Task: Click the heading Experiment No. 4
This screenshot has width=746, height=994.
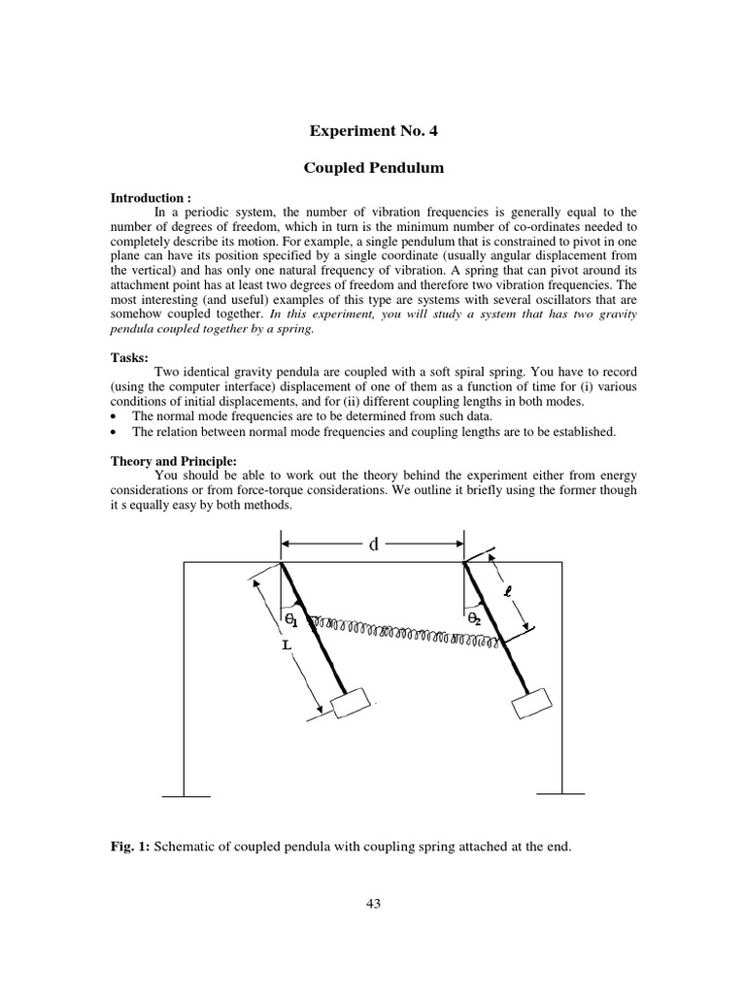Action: click(x=372, y=130)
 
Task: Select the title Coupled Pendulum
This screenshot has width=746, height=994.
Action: click(x=373, y=168)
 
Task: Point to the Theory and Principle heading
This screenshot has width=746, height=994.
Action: click(x=173, y=461)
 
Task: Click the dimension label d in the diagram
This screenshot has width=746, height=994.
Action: click(x=372, y=545)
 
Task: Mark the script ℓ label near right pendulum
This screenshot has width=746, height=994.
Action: click(x=506, y=590)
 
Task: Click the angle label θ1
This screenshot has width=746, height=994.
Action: click(x=290, y=618)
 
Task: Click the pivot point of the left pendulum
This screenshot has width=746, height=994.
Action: click(x=281, y=563)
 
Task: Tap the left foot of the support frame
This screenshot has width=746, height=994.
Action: click(x=185, y=796)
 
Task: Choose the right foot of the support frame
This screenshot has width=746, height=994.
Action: click(x=560, y=796)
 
